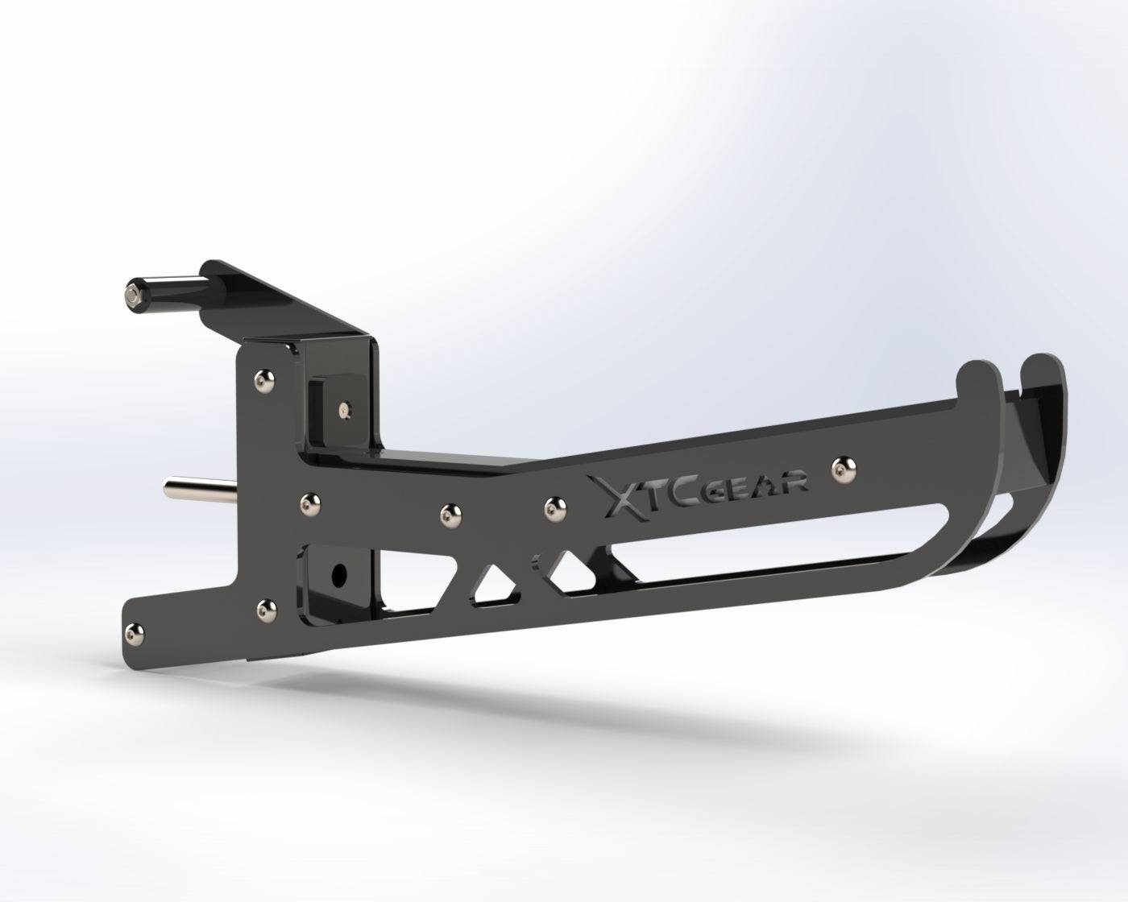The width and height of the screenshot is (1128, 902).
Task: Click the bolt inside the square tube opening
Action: (346, 411)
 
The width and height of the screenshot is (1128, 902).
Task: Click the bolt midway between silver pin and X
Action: (447, 511)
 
